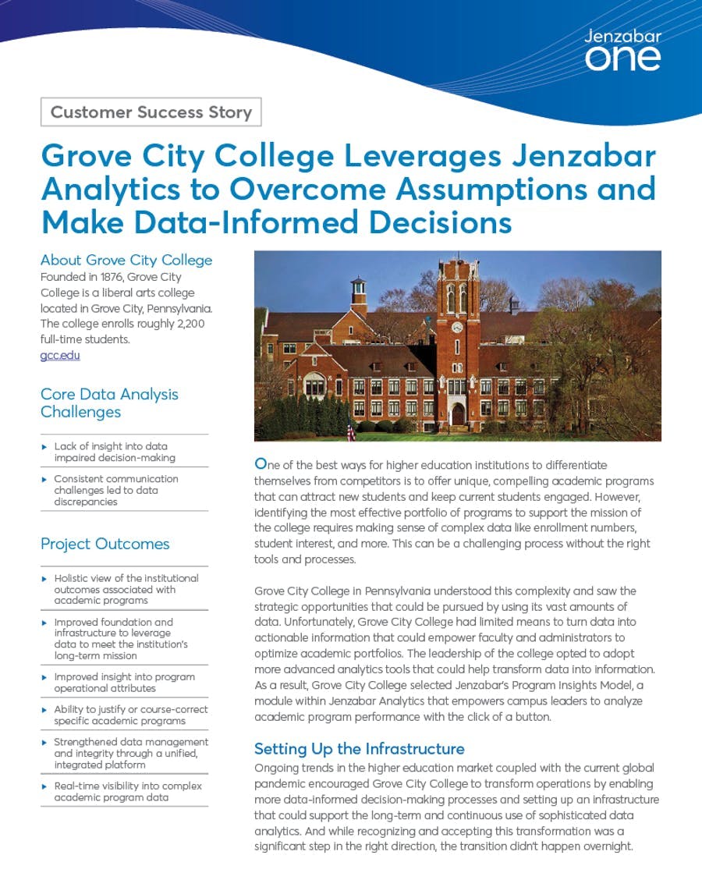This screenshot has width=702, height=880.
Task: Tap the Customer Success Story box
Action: coord(151,112)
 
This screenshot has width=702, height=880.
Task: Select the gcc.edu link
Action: coord(60,355)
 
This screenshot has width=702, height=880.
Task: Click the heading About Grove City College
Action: coord(126,260)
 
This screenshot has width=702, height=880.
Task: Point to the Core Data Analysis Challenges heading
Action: coord(109,403)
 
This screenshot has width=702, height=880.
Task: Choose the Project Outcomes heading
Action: coord(105,544)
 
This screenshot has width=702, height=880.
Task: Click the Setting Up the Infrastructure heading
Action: coord(359,749)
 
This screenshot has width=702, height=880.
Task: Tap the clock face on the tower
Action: coord(457,327)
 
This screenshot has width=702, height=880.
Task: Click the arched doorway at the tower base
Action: coord(458,413)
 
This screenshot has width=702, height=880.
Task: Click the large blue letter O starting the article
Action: coord(261,463)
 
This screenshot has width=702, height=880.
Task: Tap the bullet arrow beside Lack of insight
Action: coord(44,446)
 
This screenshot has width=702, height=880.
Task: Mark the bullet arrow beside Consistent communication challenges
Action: coord(44,479)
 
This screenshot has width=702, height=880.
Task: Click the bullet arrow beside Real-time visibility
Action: coord(44,786)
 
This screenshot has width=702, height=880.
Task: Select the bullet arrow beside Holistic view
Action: coord(44,578)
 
